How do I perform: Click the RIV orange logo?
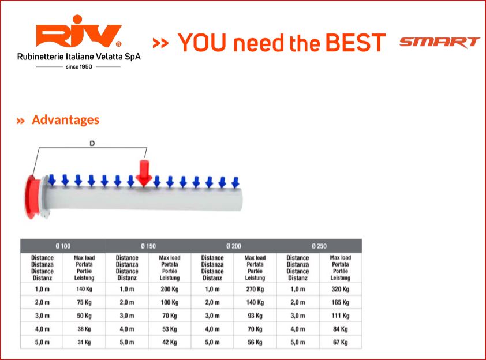tap(78, 31)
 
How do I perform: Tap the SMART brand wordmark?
tap(440, 43)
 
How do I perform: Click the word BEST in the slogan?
tap(355, 43)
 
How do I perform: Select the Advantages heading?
tap(65, 120)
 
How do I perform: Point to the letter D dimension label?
tap(92, 143)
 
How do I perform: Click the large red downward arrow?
tap(144, 173)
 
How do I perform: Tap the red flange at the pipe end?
tap(32, 197)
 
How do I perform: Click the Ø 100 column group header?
tap(63, 246)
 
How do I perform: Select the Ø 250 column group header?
tap(319, 246)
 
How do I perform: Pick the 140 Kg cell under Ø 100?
tap(84, 289)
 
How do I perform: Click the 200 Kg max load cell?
tap(170, 289)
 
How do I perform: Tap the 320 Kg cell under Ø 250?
tap(341, 289)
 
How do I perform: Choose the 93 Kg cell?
tap(255, 316)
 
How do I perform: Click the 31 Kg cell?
tap(84, 342)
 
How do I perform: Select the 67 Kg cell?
tap(341, 342)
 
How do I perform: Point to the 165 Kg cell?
tap(341, 302)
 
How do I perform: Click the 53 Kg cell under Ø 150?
tap(170, 329)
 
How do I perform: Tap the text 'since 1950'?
tap(78, 66)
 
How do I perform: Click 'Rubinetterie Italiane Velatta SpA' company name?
tap(78, 57)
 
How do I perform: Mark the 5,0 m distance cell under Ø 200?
tap(212, 342)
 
